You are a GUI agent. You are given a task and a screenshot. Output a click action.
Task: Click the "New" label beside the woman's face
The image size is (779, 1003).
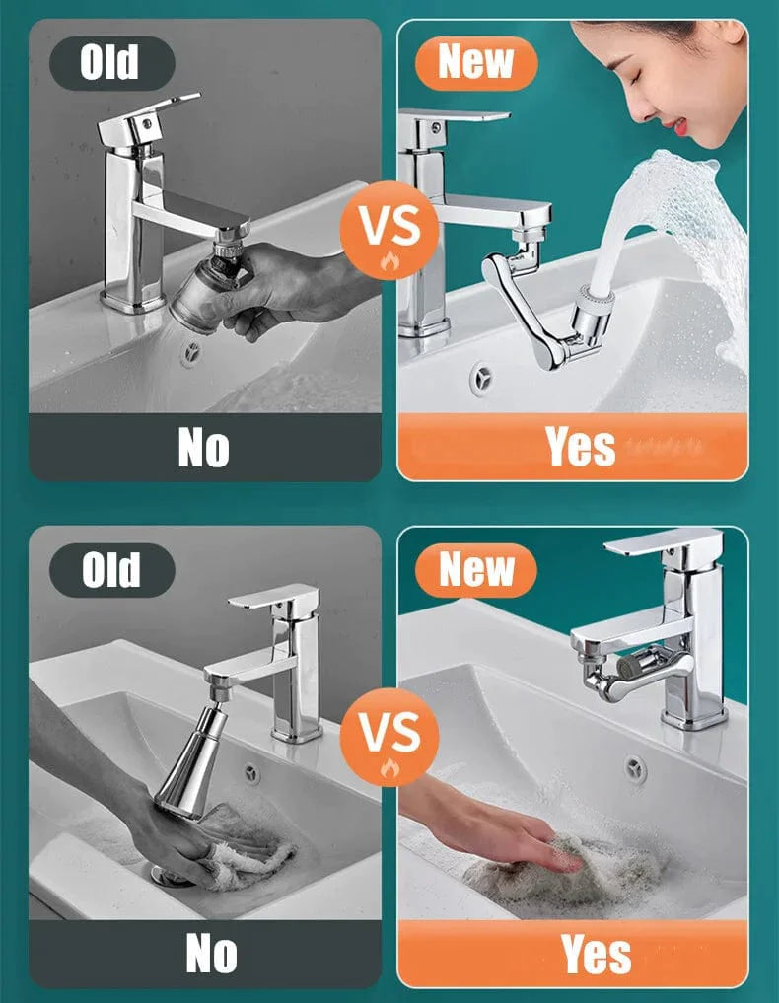pyautogui.click(x=476, y=61)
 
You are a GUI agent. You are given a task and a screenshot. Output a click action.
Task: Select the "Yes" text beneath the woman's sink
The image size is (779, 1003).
pyautogui.click(x=580, y=447)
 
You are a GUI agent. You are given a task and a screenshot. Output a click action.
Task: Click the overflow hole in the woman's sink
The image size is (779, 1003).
pyautogui.click(x=481, y=378)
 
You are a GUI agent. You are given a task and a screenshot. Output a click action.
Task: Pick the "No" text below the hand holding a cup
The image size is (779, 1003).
pyautogui.click(x=202, y=447)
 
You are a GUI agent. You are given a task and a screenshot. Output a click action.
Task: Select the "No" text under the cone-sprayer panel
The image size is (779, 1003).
pyautogui.click(x=210, y=954)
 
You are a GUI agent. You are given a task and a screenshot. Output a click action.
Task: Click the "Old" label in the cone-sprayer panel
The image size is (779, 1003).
pyautogui.click(x=110, y=569)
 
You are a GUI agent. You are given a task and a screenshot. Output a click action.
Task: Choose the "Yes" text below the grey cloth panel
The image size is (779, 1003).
pyautogui.click(x=596, y=954)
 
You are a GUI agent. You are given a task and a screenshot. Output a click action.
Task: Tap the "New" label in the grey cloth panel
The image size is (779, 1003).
pyautogui.click(x=476, y=569)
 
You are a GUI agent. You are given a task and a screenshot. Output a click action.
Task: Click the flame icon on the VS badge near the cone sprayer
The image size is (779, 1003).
pyautogui.click(x=388, y=767)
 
